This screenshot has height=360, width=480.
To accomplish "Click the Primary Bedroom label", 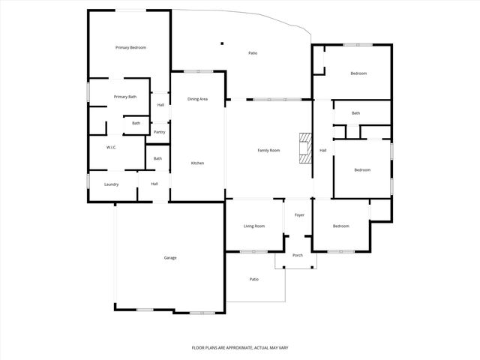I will coord(130,48).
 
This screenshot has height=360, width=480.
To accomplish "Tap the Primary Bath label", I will coord(125,97).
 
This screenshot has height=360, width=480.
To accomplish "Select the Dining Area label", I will coord(197,99).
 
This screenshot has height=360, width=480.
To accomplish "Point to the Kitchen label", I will coord(197,163).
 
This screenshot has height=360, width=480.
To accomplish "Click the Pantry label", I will coord(160,132).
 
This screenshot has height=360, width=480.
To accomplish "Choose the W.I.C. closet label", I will coord(110,147).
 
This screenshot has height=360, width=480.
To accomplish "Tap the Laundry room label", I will coord(112,184).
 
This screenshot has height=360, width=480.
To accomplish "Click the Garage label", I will coord(170,257).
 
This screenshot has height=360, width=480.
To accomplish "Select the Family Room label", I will coord(268,150).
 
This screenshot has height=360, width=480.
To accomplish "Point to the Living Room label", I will coord(254,226).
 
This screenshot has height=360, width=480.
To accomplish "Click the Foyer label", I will coord(299,215).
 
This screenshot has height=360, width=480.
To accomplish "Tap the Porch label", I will coord(298,255).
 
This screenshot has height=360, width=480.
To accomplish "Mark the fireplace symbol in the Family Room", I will coord(304,148).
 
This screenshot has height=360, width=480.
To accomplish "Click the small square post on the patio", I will coord(222,43).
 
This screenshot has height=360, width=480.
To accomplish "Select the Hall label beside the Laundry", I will coord(154,184).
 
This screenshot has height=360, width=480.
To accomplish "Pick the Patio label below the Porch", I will coord(254,279).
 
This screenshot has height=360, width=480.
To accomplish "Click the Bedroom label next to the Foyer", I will coord(341,226).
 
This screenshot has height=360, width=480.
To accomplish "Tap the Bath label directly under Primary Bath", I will coord(136,123).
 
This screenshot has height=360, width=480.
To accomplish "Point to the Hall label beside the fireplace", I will coord(323,150).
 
